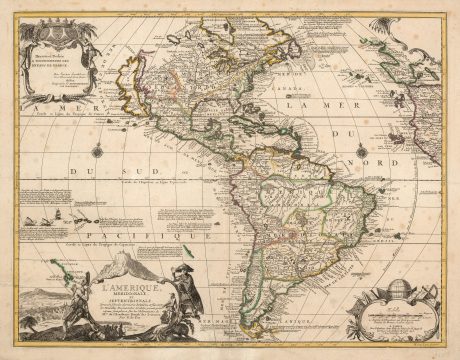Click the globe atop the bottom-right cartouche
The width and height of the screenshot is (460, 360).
coord(394,293)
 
